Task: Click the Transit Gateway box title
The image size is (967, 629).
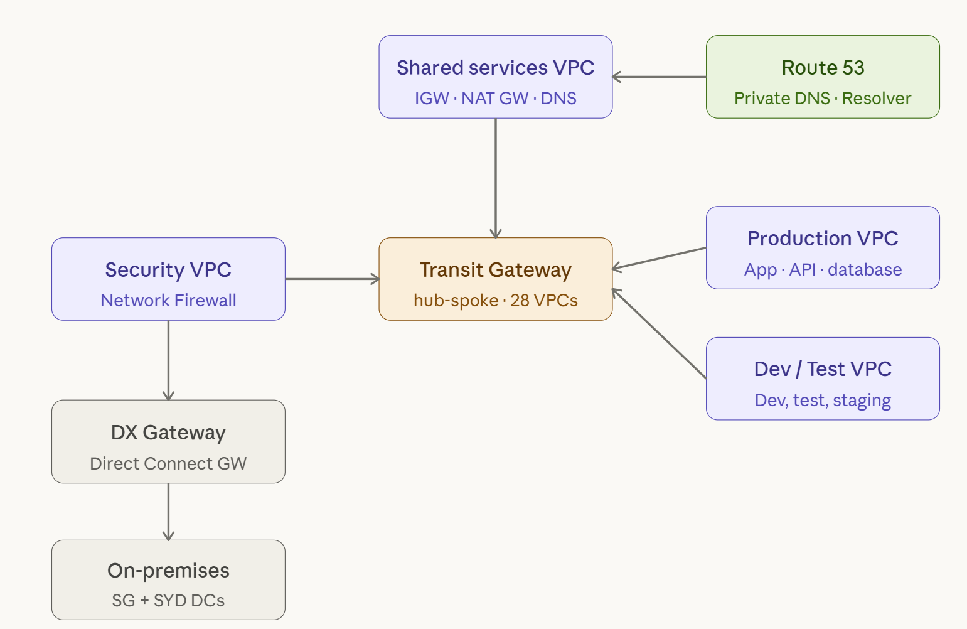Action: point(495,270)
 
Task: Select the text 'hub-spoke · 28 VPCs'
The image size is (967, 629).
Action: point(495,301)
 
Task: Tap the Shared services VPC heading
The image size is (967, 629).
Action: point(495,68)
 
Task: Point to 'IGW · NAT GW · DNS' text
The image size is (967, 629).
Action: point(495,99)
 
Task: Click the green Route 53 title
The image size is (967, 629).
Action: point(823,68)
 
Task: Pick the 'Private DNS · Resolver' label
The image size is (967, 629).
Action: point(823,99)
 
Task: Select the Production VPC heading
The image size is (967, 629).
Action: point(823,239)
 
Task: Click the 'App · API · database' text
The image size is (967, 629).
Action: point(823,270)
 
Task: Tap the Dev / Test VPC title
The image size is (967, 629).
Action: point(823,369)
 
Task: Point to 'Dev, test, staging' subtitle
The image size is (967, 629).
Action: point(823,401)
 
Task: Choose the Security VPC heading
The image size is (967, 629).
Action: point(168,270)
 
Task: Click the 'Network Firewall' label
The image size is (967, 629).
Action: point(168,301)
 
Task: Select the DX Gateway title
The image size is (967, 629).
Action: point(168,433)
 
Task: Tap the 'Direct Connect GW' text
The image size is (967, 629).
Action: point(168,464)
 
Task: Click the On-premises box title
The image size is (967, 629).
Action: point(168,571)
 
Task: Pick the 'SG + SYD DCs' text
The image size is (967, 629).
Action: point(168,601)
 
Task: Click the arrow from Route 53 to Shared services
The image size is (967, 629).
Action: point(659,77)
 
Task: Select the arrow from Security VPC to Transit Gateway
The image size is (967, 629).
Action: point(332,279)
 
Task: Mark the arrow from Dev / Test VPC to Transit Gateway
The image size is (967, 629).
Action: point(659,334)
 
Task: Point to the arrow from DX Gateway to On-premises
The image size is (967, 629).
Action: point(168,512)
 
